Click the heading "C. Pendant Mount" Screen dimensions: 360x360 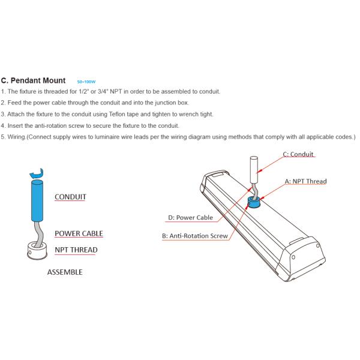33,80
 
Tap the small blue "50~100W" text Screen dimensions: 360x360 86,82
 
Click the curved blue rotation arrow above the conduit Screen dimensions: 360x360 37,173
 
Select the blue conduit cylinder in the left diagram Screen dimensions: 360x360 37,200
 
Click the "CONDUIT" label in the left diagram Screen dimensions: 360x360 70,197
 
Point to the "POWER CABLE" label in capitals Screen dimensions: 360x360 79,233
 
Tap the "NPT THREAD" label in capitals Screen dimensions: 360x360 76,250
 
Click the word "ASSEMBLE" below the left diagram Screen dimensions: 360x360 65,272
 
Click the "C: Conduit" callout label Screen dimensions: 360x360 298,154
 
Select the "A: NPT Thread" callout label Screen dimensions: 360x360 305,181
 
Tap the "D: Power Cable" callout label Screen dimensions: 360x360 190,217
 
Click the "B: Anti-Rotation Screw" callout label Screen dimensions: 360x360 194,236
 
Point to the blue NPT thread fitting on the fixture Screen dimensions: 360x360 254,202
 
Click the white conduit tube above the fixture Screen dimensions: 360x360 254,169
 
